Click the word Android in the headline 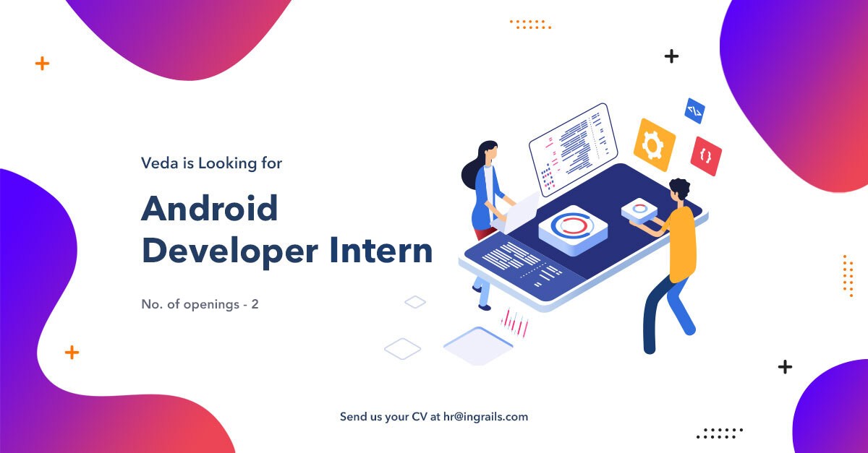coord(209,209)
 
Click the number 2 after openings coord(255,304)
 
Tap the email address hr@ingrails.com coord(485,417)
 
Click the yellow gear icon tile coord(654,145)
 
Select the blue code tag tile coord(694,111)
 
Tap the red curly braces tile coord(706,156)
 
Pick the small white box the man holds coord(639,210)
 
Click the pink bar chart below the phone coord(515,322)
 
